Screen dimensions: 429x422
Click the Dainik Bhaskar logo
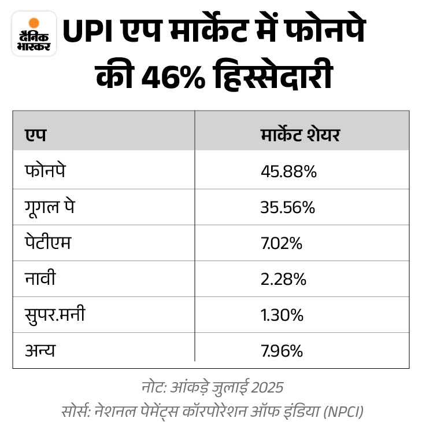pyautogui.click(x=34, y=34)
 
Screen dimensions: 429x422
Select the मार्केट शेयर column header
pyautogui.click(x=299, y=135)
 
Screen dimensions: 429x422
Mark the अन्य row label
pyautogui.click(x=39, y=351)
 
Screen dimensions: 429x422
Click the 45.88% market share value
pyautogui.click(x=288, y=172)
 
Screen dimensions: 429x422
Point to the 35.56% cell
pyautogui.click(x=287, y=208)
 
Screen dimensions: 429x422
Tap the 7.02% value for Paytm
pyautogui.click(x=282, y=244)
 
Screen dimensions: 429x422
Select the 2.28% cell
pyautogui.click(x=283, y=280)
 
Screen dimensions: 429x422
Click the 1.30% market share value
pyautogui.click(x=282, y=316)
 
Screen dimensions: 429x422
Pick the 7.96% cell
pyautogui.click(x=282, y=351)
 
